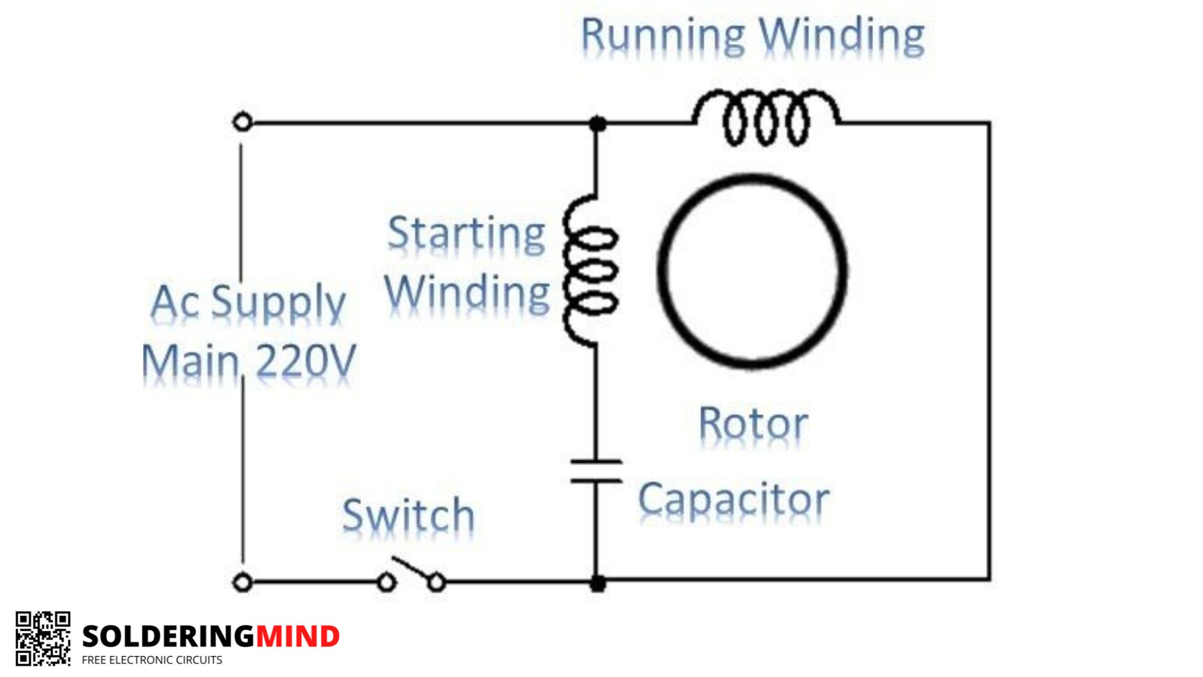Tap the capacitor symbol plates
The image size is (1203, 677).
[x=596, y=471]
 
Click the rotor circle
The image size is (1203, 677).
[x=660, y=271]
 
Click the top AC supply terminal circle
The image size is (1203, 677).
[x=243, y=123]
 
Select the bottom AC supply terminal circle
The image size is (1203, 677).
[x=243, y=582]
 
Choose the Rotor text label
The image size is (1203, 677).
[x=753, y=424]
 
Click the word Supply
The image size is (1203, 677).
[x=278, y=304]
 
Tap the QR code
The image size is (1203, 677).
[x=43, y=638]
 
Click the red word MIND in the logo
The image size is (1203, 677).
[x=298, y=637]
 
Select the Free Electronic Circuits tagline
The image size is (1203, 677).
[x=152, y=660]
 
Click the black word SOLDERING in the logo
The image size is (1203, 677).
[x=169, y=637]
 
